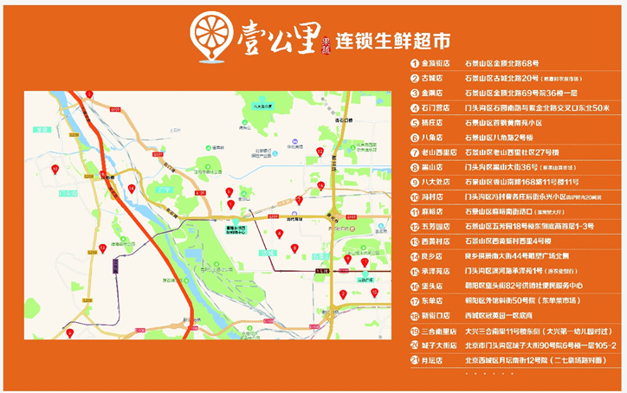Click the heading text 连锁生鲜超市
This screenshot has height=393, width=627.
coord(394,41)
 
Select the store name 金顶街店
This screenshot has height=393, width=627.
coord(436,63)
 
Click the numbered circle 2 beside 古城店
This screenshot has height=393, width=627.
coord(415,79)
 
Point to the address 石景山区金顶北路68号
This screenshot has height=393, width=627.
coord(501,63)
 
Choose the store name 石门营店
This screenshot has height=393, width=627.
coord(436,108)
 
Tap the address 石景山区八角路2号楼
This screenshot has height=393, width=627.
coord(499,138)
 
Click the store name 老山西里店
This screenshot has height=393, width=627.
coord(439,152)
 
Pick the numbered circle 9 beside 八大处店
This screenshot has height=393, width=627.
coord(415,183)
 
